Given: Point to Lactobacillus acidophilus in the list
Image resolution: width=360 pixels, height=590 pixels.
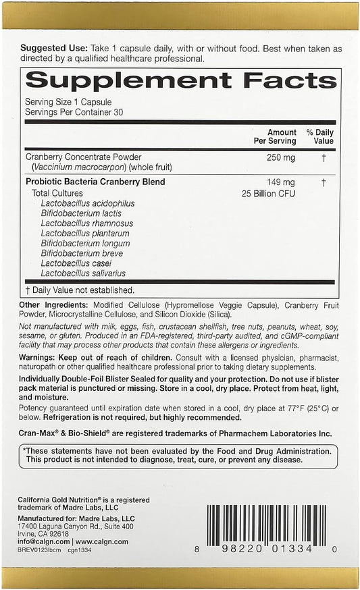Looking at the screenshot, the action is (x=88, y=203).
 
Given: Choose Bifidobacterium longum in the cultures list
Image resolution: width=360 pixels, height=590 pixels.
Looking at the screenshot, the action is (x=85, y=243).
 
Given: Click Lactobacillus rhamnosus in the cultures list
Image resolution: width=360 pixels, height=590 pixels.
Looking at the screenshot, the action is (x=87, y=223).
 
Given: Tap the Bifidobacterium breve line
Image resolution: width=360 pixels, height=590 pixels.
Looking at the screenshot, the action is (x=83, y=253).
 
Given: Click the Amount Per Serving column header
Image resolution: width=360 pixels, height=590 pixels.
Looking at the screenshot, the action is (x=280, y=136).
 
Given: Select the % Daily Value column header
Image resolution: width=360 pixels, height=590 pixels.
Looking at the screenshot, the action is (x=319, y=136).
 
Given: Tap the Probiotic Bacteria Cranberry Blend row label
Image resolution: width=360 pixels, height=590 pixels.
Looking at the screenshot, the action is (x=95, y=182).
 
